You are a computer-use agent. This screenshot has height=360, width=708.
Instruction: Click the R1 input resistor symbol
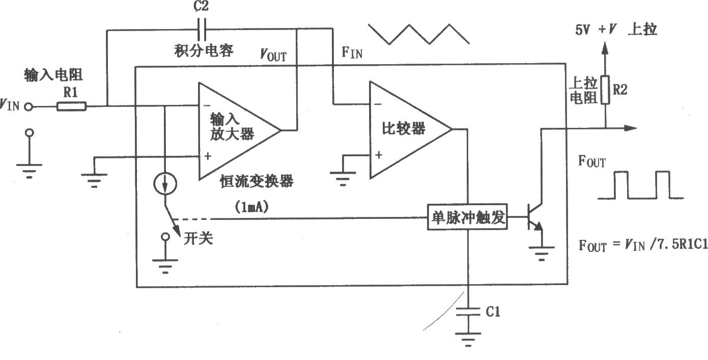tap(71, 106)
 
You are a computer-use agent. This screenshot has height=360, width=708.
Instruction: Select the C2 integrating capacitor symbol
tap(202, 30)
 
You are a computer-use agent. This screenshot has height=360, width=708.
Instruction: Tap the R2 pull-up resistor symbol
tap(605, 90)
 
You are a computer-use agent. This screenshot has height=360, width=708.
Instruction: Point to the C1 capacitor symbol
tap(468, 311)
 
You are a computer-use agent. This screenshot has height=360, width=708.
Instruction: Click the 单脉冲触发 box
tap(467, 217)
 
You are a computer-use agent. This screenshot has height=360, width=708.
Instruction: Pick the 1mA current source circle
tap(165, 184)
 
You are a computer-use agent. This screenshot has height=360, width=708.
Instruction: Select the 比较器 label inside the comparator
tap(404, 129)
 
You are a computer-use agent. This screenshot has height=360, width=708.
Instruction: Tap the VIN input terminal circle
tap(29, 107)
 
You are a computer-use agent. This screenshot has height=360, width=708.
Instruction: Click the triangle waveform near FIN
tap(419, 34)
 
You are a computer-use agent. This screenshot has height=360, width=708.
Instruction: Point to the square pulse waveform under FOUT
tap(641, 185)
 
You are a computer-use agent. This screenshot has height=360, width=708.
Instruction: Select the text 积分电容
tap(204, 50)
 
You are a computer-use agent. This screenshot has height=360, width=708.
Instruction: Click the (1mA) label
tap(251, 207)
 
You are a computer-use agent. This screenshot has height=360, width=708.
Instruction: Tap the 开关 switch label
tap(198, 238)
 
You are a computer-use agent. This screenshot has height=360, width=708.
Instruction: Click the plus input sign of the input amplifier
tap(208, 156)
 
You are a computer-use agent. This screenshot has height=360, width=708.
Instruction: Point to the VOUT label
tap(273, 55)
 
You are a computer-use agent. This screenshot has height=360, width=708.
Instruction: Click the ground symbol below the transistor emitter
tap(542, 254)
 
